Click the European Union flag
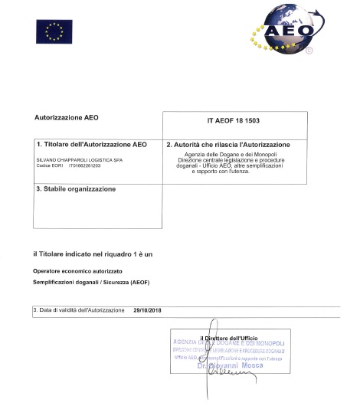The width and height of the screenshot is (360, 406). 53,31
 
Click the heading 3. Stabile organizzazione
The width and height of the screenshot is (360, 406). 77,188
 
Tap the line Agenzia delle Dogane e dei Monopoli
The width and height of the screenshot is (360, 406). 237,154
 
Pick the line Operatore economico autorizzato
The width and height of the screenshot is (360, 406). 77,272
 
